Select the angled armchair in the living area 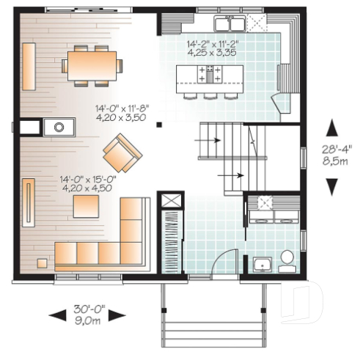point(122,152)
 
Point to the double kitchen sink point(228,21)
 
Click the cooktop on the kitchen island point(213,73)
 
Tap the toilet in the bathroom point(287,258)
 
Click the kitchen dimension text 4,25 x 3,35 point(213,53)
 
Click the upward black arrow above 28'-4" point(333,128)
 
